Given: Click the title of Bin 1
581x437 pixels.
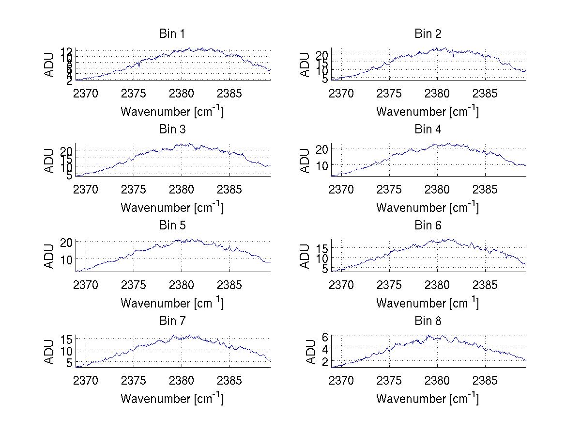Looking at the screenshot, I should point(172,34).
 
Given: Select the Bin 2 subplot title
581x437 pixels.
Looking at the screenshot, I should point(428,34).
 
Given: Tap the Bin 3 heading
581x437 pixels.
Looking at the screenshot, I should point(172,129).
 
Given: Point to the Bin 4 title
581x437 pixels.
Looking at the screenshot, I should point(428,129).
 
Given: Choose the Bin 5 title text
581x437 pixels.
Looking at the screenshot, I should point(172,226).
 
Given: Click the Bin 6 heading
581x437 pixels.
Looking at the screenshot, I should point(428,226).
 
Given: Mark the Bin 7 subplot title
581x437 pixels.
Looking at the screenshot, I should point(172,321).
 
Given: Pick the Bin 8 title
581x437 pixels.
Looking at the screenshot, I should point(428,321).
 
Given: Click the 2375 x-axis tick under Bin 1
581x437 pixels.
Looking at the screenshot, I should point(134,93).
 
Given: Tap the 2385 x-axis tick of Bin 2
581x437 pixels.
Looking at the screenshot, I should point(485,93).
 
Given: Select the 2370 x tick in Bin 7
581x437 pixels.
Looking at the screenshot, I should point(86,381).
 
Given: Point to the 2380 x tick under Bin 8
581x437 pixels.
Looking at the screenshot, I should point(437,381).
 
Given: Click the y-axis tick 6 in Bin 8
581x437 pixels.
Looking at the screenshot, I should point(325,336).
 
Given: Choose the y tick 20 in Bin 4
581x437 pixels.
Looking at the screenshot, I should point(322,148).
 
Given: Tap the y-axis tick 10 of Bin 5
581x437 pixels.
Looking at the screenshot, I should point(67,259).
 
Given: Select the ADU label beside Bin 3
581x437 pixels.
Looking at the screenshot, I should point(49,161).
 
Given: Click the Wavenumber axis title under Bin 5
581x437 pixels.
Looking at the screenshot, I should point(172,303).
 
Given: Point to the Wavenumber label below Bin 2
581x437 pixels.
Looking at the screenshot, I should point(428,112).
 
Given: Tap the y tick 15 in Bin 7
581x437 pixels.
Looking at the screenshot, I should point(67,339).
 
